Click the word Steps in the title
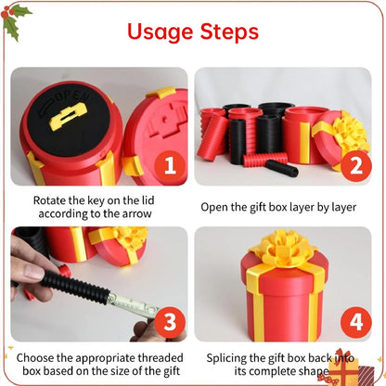228,32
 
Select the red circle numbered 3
168,324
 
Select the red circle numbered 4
354,324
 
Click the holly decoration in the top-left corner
16,18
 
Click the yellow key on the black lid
69,115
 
